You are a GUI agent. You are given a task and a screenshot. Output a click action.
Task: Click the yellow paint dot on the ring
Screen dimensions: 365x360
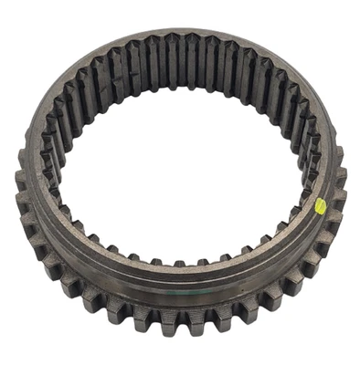[x=321, y=206]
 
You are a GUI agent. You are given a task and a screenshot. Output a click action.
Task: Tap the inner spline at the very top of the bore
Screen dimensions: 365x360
[x=183, y=50]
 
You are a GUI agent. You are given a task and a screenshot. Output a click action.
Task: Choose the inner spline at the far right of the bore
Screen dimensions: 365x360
[x=309, y=151]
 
